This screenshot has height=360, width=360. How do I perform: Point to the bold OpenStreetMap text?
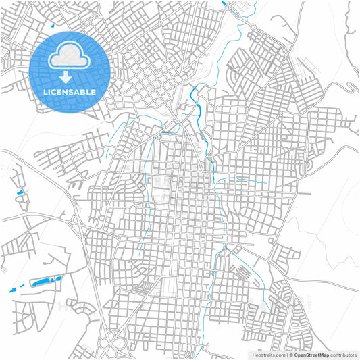[311, 355]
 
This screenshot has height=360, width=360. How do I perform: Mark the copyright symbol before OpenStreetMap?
[290, 355]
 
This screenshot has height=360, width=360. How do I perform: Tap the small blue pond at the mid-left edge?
[19, 194]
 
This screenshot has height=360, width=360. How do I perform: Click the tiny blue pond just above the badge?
[51, 26]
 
